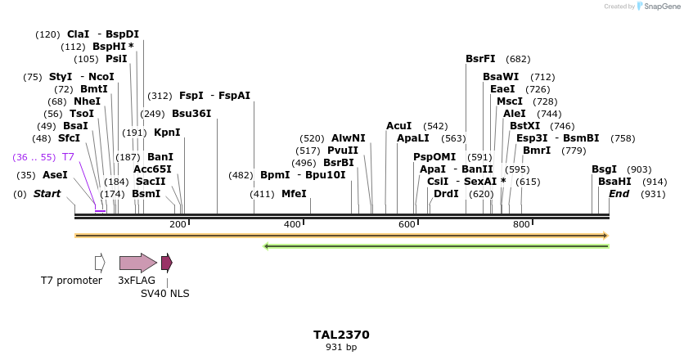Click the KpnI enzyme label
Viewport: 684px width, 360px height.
(x=167, y=133)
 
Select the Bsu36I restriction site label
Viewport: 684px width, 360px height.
(x=191, y=114)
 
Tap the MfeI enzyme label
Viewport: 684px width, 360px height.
(x=294, y=194)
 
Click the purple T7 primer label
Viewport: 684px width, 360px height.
(x=68, y=156)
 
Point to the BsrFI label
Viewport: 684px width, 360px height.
(x=480, y=59)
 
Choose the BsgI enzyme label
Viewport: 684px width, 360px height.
(x=604, y=169)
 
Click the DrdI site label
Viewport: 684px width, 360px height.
(x=446, y=194)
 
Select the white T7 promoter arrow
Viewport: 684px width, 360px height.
(x=100, y=263)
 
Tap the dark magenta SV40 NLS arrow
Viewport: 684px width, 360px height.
(x=166, y=263)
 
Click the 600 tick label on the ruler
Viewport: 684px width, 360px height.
(x=407, y=224)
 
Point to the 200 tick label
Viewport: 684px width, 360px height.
(x=178, y=224)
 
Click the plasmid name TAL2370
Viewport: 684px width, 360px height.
(x=341, y=335)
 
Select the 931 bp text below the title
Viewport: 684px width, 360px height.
(x=341, y=348)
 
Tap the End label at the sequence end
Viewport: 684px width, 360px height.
(x=619, y=194)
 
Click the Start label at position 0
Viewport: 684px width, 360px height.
(x=47, y=194)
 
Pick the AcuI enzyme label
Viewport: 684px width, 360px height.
(x=398, y=126)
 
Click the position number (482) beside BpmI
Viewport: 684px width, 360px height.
(x=241, y=175)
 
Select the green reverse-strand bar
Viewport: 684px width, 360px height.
(x=436, y=245)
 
